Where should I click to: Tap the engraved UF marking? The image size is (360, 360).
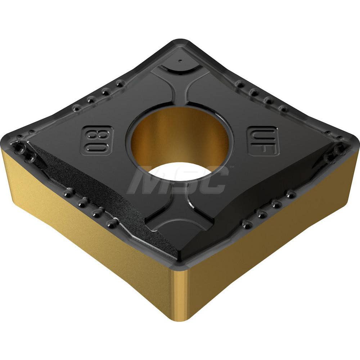pos(264,141)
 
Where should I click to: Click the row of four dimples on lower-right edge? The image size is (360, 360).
pos(268,209)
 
